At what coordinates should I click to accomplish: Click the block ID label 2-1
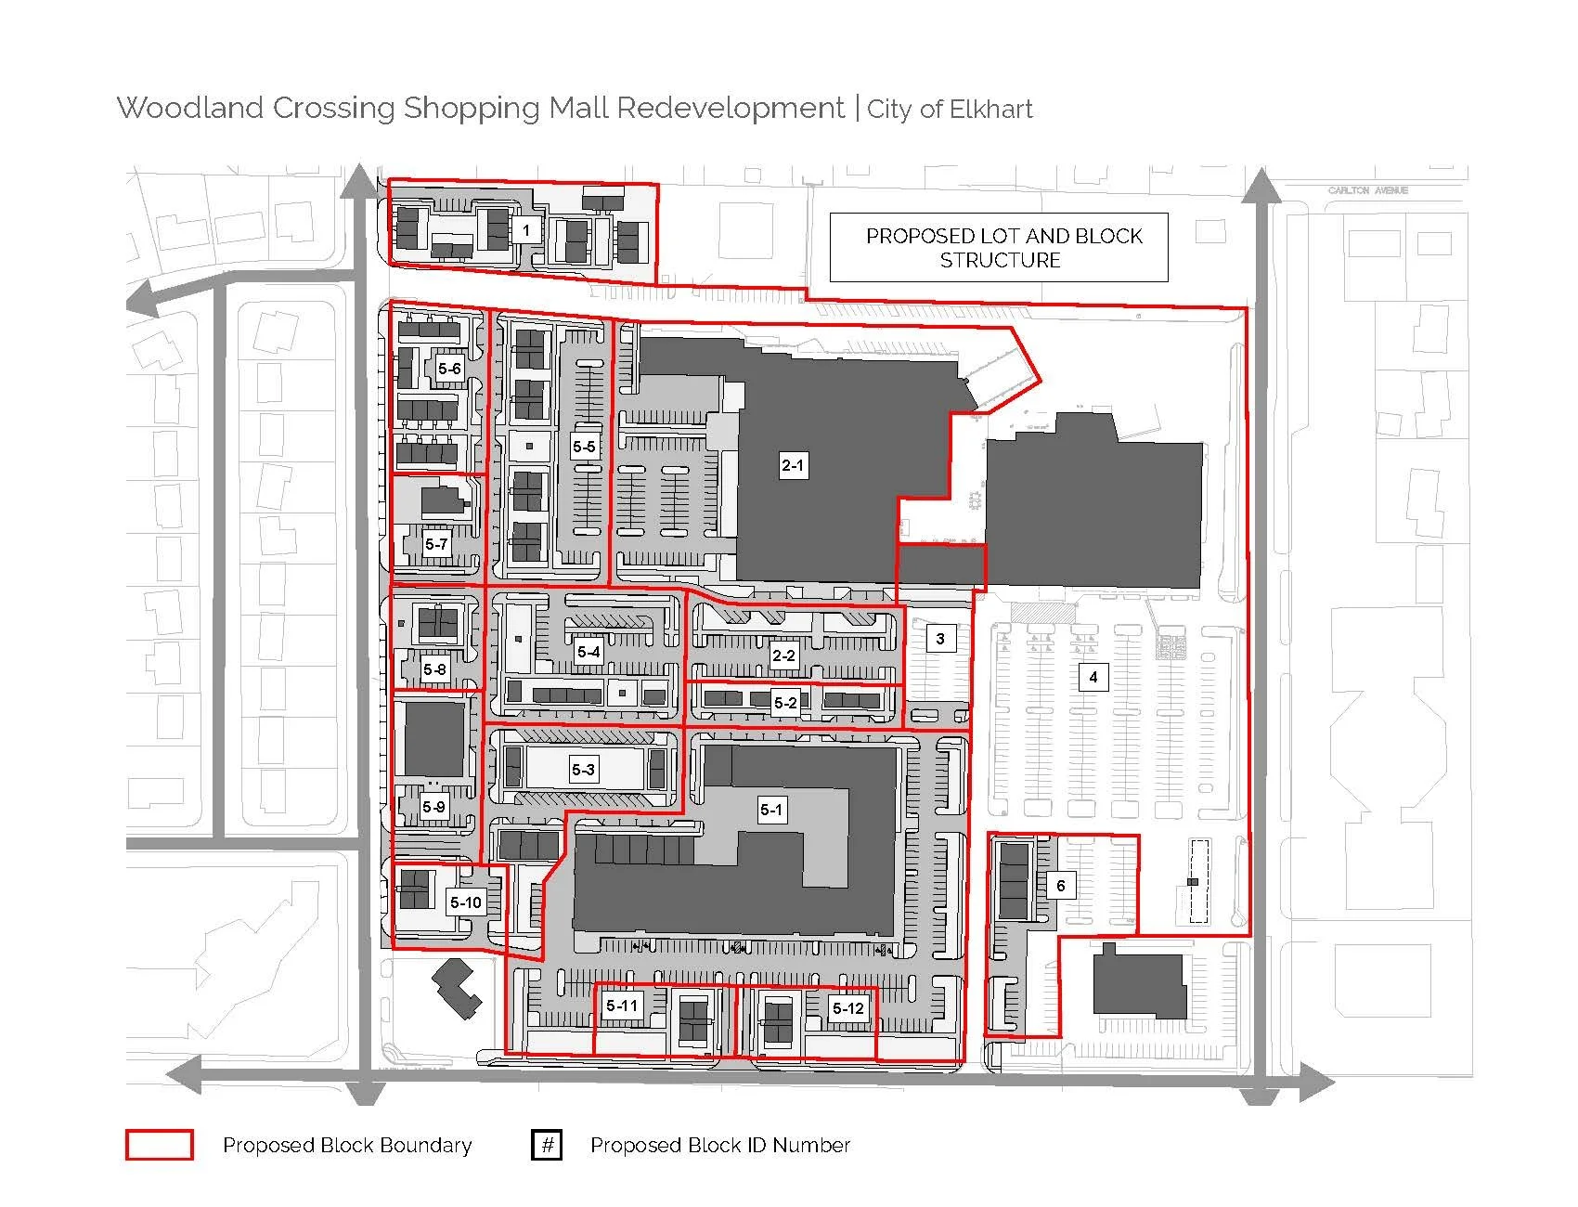pyautogui.click(x=793, y=465)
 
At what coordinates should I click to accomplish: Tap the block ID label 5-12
pyautogui.click(x=848, y=1008)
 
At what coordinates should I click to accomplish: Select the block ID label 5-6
pyautogui.click(x=449, y=369)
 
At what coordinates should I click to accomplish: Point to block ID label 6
pyautogui.click(x=1061, y=886)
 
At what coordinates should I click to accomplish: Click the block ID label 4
pyautogui.click(x=1093, y=677)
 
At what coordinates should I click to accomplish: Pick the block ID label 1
pyautogui.click(x=526, y=229)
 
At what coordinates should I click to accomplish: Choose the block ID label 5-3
pyautogui.click(x=583, y=769)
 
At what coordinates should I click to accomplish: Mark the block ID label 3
pyautogui.click(x=940, y=638)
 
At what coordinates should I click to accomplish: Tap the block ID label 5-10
pyautogui.click(x=466, y=902)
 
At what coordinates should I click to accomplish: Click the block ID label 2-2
pyautogui.click(x=783, y=655)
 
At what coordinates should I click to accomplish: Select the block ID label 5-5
pyautogui.click(x=584, y=447)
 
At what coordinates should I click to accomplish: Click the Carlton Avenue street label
pyautogui.click(x=1367, y=190)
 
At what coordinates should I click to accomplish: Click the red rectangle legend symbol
pyautogui.click(x=160, y=1145)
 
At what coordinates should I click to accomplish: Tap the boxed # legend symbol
pyautogui.click(x=548, y=1145)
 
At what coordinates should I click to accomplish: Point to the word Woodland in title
pyautogui.click(x=190, y=108)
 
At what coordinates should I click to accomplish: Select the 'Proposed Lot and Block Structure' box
pyautogui.click(x=999, y=248)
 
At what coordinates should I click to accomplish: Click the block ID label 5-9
pyautogui.click(x=433, y=807)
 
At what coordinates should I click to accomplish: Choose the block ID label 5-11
pyautogui.click(x=622, y=1006)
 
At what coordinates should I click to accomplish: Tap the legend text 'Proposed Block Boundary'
pyautogui.click(x=347, y=1146)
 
